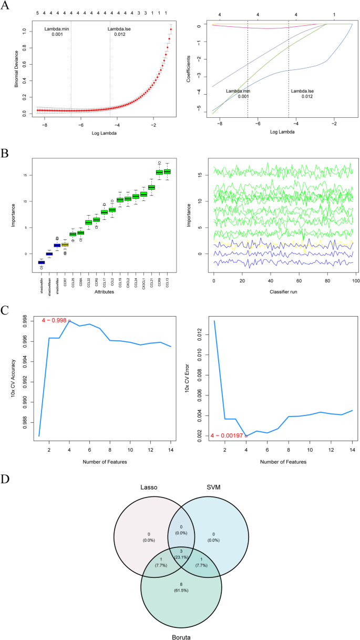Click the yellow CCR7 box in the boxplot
tap(65, 245)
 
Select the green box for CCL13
tap(167, 171)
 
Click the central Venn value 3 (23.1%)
tap(180, 550)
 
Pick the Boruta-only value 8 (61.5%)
tap(180, 594)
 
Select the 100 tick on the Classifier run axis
tap(355, 282)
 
